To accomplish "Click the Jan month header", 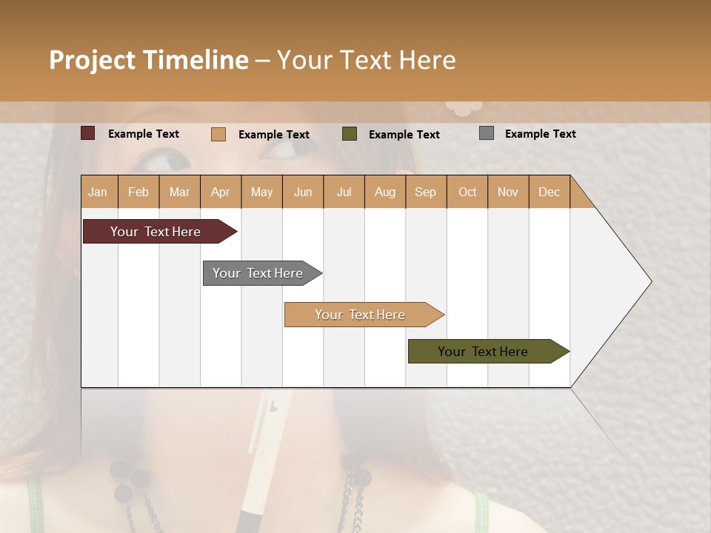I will tap(99, 192).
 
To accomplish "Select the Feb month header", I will tap(138, 192).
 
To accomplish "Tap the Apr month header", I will tap(221, 192).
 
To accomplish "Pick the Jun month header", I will tap(303, 192).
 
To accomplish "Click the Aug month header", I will tap(385, 192).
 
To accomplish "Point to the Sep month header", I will tap(426, 192).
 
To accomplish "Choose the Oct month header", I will tap(467, 192).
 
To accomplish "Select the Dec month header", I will tap(550, 192).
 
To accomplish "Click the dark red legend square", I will tap(88, 133).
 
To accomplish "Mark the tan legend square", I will tap(218, 134).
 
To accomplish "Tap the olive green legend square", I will tap(350, 134).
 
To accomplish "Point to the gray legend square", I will tap(487, 133).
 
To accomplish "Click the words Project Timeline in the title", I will tap(149, 60).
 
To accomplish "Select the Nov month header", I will tap(508, 192).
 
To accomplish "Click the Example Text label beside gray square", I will tap(541, 134).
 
